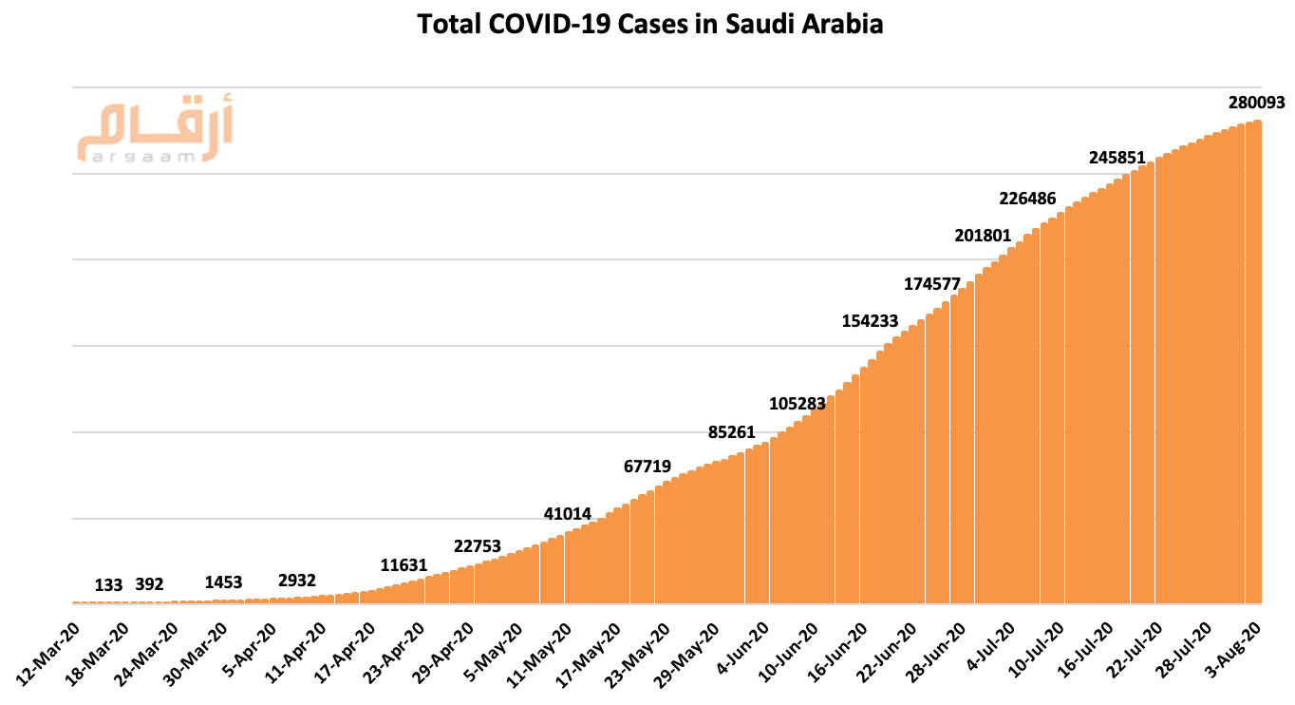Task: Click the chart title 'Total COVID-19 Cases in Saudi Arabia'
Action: [x=650, y=25]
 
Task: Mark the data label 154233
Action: [x=870, y=320]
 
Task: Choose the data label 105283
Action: [x=798, y=404]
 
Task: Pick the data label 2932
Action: [x=297, y=581]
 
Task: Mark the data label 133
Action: [x=109, y=585]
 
